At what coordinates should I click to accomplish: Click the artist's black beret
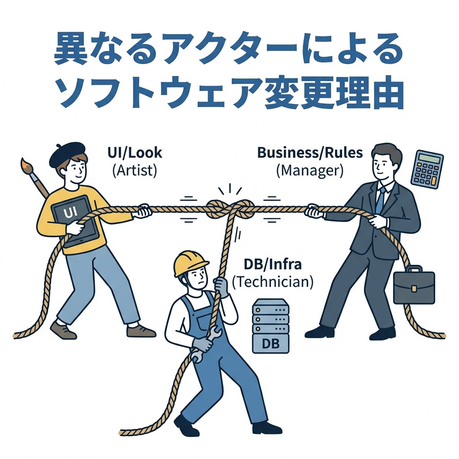click(x=67, y=152)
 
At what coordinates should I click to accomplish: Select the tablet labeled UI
click(x=74, y=220)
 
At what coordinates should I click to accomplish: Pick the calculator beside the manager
click(x=427, y=169)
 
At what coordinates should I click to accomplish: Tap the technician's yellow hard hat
click(x=191, y=263)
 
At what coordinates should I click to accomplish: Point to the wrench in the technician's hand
click(x=204, y=343)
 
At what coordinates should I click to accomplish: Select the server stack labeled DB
click(x=271, y=325)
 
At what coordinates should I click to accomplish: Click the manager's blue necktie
click(x=380, y=200)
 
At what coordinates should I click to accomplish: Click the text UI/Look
click(x=134, y=153)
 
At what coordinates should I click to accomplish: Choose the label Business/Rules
click(x=310, y=152)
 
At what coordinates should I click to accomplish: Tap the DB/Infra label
click(x=273, y=264)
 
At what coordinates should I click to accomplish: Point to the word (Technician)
click(x=273, y=282)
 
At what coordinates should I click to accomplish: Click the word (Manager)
click(x=310, y=170)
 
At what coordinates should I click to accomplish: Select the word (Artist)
click(x=134, y=171)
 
